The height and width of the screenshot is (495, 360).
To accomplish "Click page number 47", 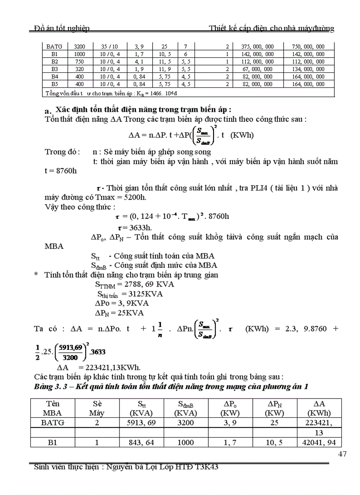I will [x=342, y=454].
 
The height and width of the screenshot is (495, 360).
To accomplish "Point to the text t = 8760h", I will [x=60, y=171].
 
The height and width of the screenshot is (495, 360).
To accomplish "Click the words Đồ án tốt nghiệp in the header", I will [x=62, y=29].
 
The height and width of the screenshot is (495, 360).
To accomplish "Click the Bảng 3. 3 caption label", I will [x=52, y=387].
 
